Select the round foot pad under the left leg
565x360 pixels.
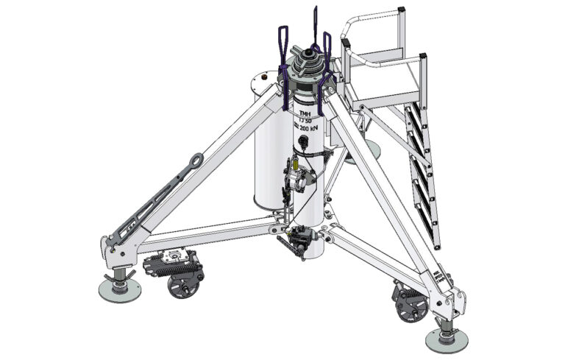[x=119, y=289]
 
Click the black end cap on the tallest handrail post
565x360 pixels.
[x=402, y=10]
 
